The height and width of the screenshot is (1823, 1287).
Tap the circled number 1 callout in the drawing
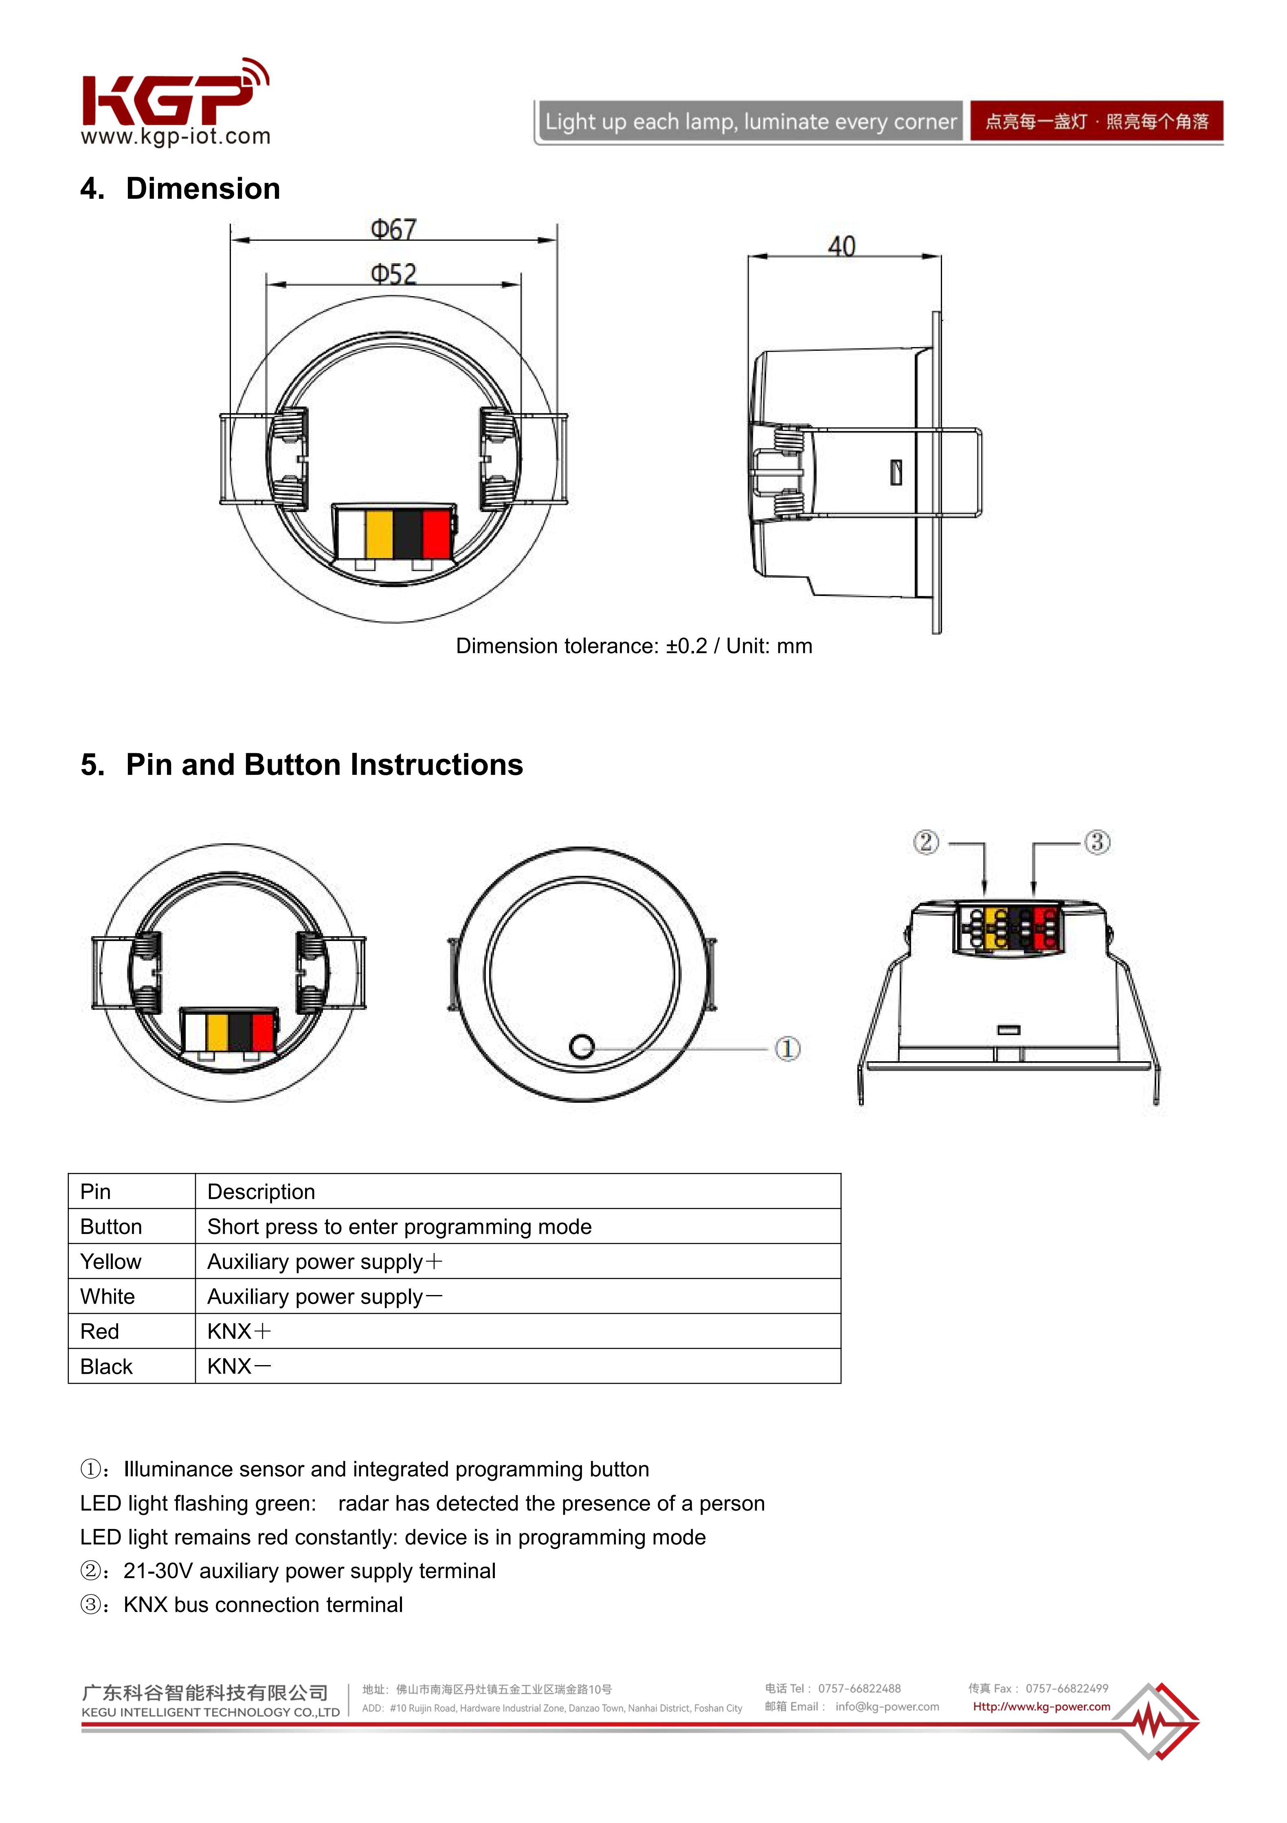coord(787,1049)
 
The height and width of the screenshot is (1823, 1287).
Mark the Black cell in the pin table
coord(106,1366)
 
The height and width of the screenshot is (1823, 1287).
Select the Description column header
coord(261,1192)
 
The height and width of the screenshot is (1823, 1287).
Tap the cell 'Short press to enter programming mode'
coord(400,1227)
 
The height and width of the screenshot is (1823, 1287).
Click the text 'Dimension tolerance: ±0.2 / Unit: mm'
coord(634,647)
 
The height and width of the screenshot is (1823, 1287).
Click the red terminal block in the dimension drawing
coord(435,534)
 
